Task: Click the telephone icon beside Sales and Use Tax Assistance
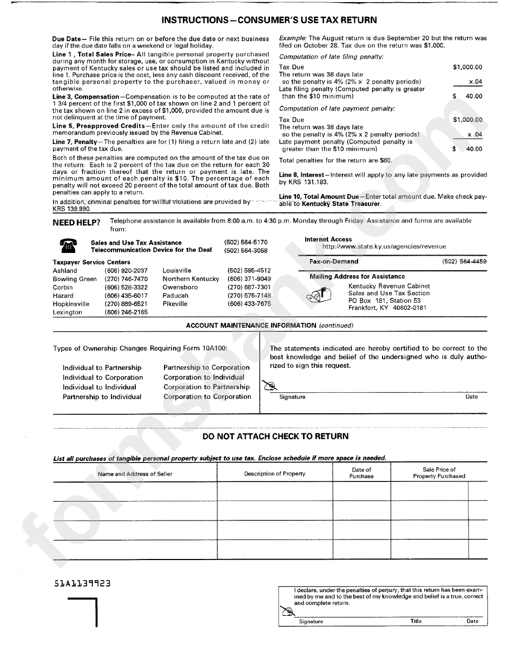(68, 246)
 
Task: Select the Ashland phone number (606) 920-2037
(126, 271)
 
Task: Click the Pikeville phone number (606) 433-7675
(249, 304)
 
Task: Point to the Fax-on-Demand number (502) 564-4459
(464, 262)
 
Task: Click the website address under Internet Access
(384, 246)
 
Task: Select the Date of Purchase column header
(361, 473)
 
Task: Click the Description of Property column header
(274, 473)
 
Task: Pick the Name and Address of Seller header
(135, 474)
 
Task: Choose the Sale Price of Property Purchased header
(439, 473)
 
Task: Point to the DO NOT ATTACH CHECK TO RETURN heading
(275, 436)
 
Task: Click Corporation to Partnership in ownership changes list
(207, 387)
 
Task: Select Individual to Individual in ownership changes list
(100, 387)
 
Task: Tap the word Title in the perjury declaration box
(416, 621)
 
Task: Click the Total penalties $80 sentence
(335, 160)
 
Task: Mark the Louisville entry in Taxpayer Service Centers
(177, 271)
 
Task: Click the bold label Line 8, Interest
(301, 175)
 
